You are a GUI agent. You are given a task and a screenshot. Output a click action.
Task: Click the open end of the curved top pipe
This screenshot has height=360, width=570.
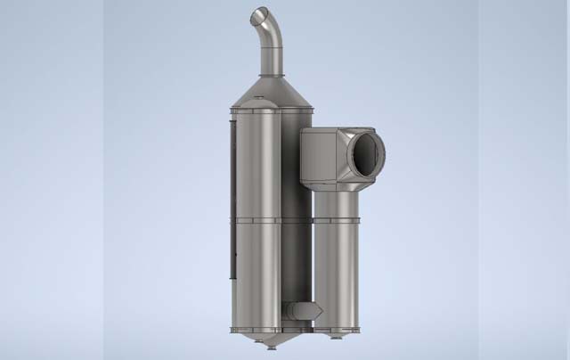point(258,16)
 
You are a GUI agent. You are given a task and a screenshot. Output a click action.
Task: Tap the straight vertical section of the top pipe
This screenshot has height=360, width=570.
point(272,58)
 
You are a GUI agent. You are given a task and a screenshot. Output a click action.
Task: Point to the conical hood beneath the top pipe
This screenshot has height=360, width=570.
point(272,93)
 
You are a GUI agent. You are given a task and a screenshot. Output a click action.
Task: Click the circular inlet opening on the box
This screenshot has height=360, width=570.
point(364,155)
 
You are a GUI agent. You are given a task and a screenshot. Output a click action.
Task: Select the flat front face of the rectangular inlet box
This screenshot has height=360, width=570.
point(320,155)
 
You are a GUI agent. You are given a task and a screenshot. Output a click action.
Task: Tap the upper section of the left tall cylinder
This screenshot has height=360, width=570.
point(256,165)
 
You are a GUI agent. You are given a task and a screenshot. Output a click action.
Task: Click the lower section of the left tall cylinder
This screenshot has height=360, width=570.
point(256,272)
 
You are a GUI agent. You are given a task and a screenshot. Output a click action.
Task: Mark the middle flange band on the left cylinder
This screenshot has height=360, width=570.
point(256,218)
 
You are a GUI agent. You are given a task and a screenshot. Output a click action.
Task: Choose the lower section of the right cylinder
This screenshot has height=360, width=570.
point(337,276)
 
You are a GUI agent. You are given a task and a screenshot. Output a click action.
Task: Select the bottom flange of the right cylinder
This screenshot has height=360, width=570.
point(337,330)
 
